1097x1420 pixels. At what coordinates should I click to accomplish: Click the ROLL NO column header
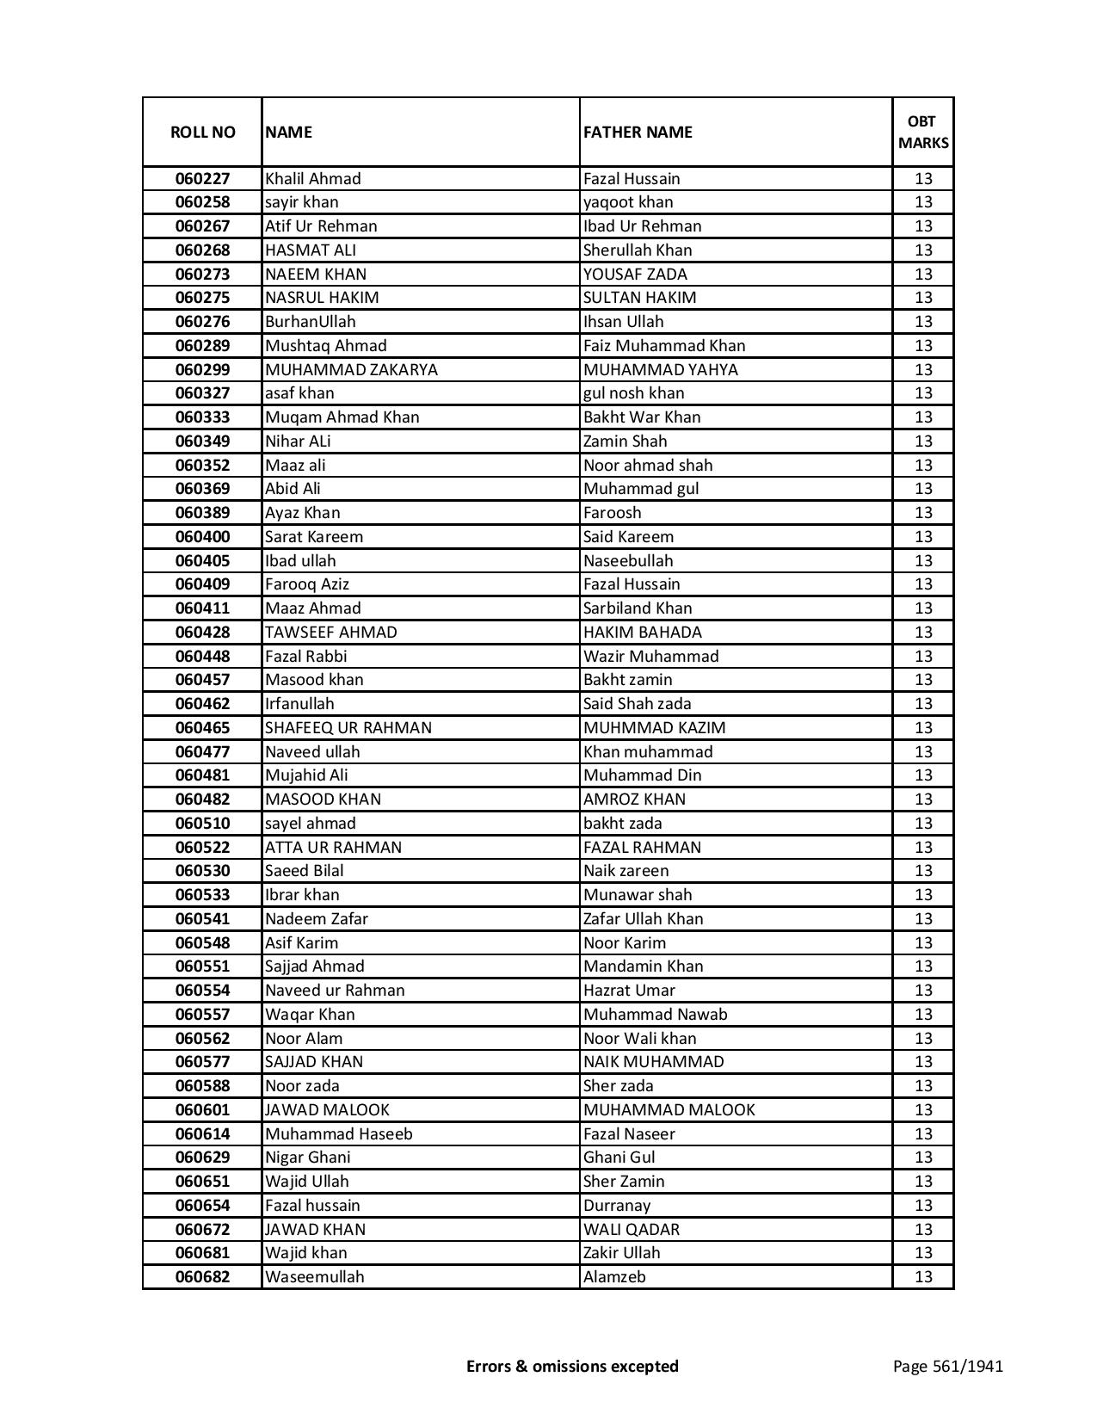pos(202,132)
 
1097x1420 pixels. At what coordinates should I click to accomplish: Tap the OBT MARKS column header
pos(923,132)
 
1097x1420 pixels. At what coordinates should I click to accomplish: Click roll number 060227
pos(202,179)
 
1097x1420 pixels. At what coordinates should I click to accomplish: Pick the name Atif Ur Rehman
pos(321,226)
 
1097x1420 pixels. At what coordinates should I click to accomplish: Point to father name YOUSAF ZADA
pos(635,275)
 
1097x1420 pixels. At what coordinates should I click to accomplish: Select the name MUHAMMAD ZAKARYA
pos(351,370)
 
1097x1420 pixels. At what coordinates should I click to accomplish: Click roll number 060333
pos(202,417)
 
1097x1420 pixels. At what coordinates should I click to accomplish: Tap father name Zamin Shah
pos(625,441)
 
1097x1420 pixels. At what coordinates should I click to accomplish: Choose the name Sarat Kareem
pos(314,537)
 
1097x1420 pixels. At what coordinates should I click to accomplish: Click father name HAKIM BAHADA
pos(642,633)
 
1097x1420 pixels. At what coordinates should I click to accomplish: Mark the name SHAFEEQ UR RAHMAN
pos(348,728)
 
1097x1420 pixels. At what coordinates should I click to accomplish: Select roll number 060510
pos(202,824)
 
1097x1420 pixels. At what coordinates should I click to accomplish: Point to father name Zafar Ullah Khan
pos(643,919)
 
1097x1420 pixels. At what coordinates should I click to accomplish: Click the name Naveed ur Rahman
pos(335,991)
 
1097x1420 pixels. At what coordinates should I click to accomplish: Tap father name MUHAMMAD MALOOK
pos(669,1110)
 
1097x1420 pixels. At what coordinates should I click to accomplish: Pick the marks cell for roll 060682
pos(923,1277)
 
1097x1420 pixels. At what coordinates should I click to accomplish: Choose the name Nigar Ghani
pos(307,1158)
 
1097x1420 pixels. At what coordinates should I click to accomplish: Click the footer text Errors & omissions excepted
pos(572,1366)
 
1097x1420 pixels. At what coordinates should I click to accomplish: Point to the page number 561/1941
pos(947,1366)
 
